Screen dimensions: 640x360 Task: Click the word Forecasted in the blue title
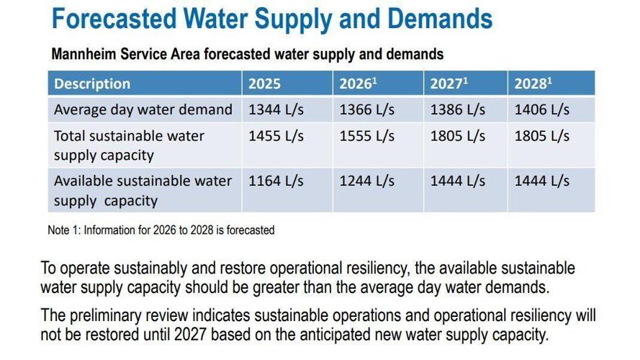[x=114, y=19]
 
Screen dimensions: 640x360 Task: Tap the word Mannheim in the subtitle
[x=84, y=54]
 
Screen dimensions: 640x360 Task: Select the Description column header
[x=92, y=84]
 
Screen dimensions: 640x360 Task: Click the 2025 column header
[x=264, y=84]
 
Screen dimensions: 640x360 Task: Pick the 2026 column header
[x=358, y=84]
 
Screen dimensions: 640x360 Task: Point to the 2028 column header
[x=533, y=84]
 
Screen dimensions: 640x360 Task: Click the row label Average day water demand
[x=143, y=109]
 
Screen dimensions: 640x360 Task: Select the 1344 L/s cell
[x=276, y=109]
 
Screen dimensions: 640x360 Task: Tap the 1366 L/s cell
[x=367, y=109]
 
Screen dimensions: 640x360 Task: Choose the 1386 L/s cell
[x=458, y=109]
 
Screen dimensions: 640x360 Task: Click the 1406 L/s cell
[x=541, y=109]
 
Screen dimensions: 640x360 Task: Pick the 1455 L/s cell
[x=276, y=136]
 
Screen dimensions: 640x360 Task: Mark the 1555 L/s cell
[x=367, y=136]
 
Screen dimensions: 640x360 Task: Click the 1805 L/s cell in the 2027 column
[x=458, y=136]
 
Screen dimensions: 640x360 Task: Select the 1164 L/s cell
[x=276, y=181]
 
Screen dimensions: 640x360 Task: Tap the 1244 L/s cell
[x=367, y=181]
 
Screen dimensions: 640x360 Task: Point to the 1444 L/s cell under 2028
[x=541, y=181]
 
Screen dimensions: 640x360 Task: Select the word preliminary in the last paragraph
[x=129, y=316]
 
